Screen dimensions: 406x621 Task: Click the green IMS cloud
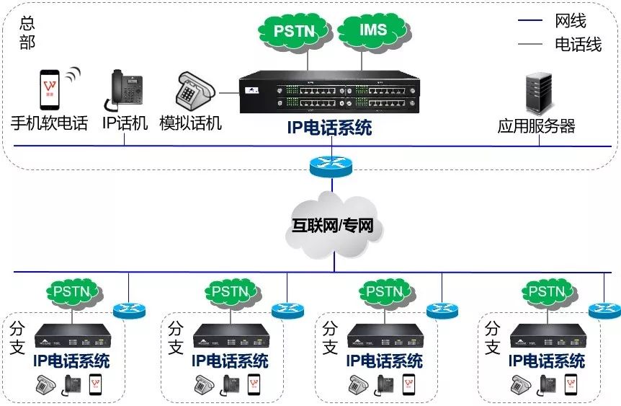pyautogui.click(x=372, y=31)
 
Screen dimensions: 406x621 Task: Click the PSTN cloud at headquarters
pyautogui.click(x=293, y=32)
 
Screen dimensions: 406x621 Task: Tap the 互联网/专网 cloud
pyautogui.click(x=333, y=226)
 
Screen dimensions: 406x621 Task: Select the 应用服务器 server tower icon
pyautogui.click(x=540, y=92)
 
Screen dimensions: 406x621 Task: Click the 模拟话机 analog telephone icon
pyautogui.click(x=193, y=92)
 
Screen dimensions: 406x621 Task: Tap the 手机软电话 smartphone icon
pyautogui.click(x=49, y=89)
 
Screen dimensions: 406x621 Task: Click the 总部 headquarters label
pyautogui.click(x=27, y=32)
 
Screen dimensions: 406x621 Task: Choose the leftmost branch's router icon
pyautogui.click(x=129, y=310)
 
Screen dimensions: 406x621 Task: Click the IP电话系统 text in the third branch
pyautogui.click(x=384, y=360)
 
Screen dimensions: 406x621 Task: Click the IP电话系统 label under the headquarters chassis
pyautogui.click(x=329, y=129)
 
